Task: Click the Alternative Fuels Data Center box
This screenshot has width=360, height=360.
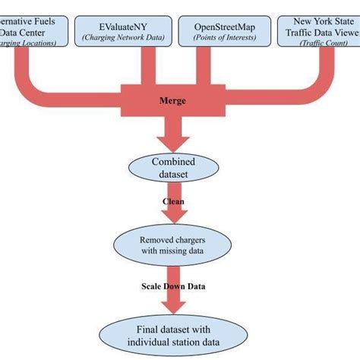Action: click(x=34, y=30)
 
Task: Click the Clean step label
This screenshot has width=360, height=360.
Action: click(x=173, y=202)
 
